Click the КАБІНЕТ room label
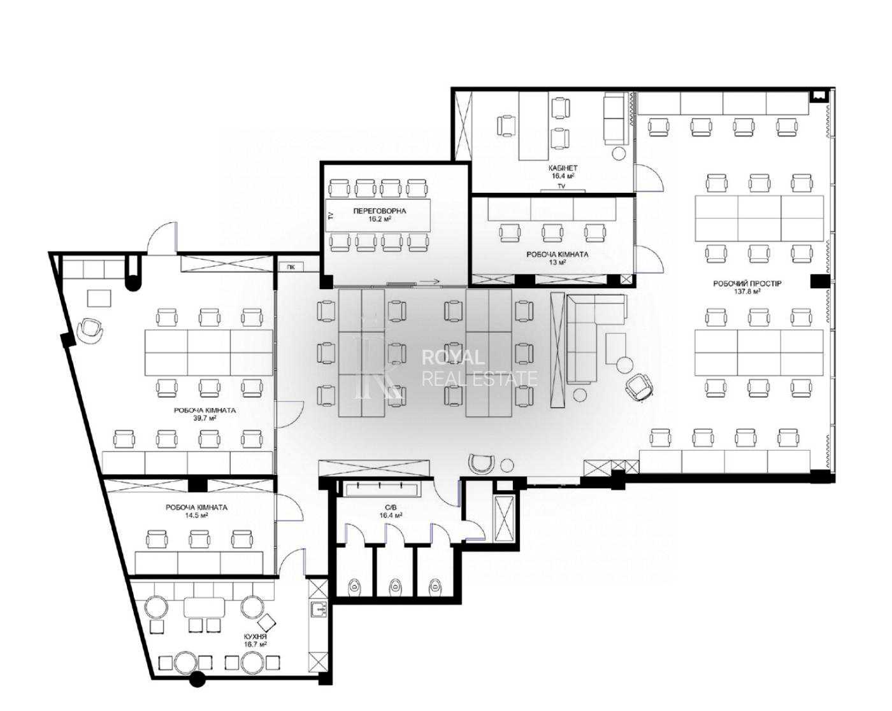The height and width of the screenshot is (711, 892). click(x=563, y=168)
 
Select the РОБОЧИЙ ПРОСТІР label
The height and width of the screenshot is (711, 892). click(x=747, y=284)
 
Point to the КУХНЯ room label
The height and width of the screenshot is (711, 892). click(x=255, y=636)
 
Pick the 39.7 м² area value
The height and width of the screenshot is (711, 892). click(x=205, y=418)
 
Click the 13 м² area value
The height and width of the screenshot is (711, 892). click(x=557, y=262)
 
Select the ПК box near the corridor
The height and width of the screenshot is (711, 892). click(x=291, y=267)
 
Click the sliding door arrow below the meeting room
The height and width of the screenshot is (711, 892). click(x=429, y=282)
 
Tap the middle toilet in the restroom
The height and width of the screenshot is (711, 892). click(x=394, y=586)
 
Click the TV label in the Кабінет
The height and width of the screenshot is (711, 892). click(x=561, y=187)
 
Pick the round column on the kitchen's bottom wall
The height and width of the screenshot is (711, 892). click(x=197, y=679)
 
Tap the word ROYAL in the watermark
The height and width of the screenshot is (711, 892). click(x=453, y=357)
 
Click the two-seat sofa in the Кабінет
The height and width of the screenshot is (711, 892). click(x=614, y=118)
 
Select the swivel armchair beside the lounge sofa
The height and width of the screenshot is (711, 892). click(x=639, y=387)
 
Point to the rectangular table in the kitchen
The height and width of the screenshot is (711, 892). click(x=204, y=608)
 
